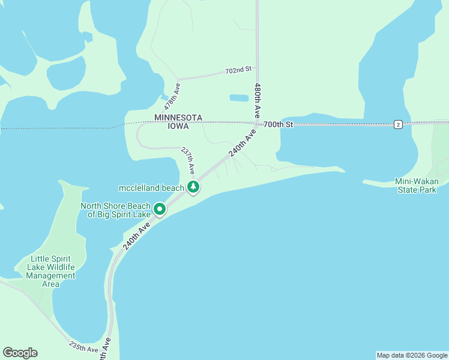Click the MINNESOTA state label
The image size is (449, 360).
(178, 118)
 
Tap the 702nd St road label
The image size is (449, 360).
(238, 71)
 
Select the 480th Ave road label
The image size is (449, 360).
(257, 100)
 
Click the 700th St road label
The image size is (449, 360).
(278, 124)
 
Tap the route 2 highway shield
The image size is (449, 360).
(398, 124)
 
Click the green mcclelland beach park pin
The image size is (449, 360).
(193, 187)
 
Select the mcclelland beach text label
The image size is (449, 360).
(151, 188)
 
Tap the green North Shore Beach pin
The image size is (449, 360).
(160, 209)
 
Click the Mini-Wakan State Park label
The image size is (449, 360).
(416, 185)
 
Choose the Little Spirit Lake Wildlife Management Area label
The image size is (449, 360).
(51, 272)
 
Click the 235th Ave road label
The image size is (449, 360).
(83, 347)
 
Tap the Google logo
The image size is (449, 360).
(20, 353)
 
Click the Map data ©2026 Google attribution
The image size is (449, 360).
(412, 355)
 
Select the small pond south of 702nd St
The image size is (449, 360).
(239, 97)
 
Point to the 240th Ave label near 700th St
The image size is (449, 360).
(242, 145)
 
